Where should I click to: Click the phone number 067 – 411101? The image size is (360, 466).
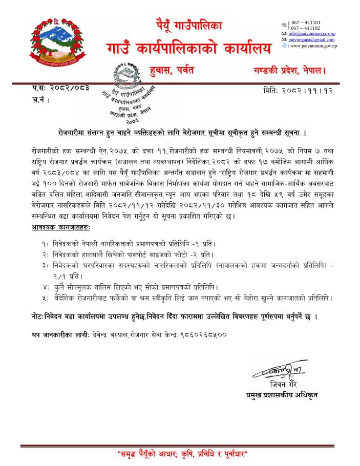(x=306, y=23)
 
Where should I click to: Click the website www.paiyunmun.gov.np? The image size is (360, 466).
(x=312, y=46)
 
